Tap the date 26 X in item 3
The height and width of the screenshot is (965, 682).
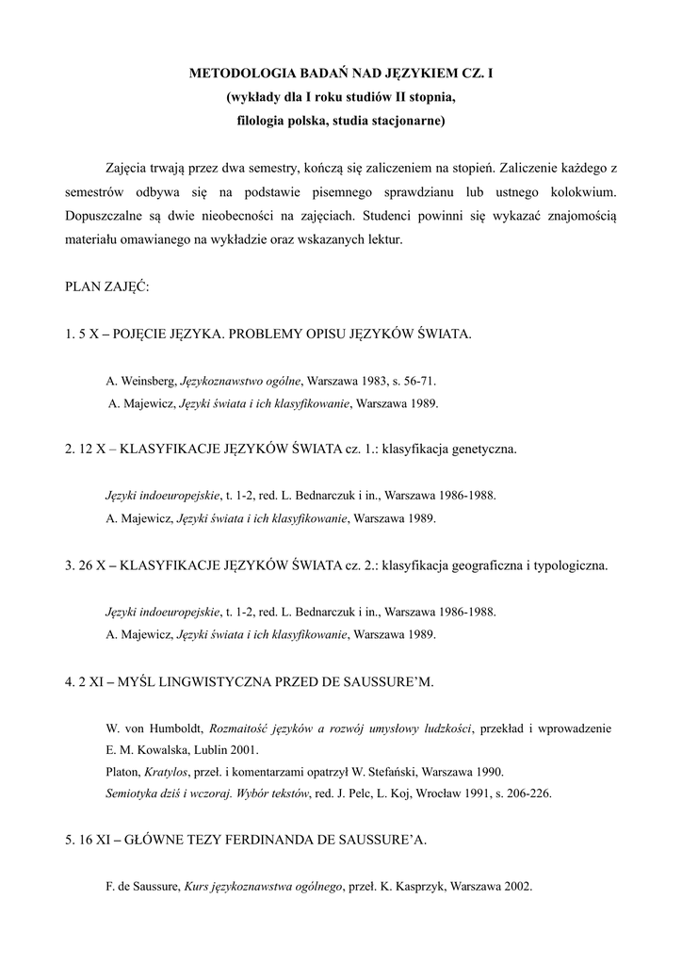point(94,566)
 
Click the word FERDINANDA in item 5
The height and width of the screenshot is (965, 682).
point(277,842)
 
